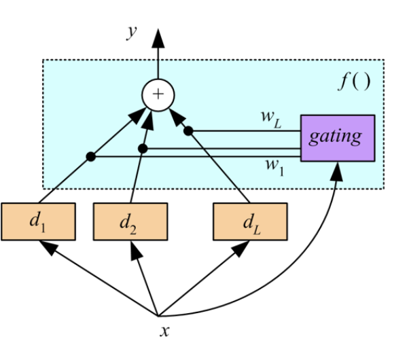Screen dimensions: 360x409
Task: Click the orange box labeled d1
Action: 37,221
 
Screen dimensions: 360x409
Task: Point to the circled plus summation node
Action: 158,94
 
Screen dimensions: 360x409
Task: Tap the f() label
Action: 353,82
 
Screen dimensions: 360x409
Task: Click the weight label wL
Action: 270,117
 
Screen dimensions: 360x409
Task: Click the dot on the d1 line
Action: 90,158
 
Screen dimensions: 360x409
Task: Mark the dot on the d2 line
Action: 143,147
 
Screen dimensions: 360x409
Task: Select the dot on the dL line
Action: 189,130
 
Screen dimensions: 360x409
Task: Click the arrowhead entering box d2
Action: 135,249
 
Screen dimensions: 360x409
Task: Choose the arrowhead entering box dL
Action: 241,248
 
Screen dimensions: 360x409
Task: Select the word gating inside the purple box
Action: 335,137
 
